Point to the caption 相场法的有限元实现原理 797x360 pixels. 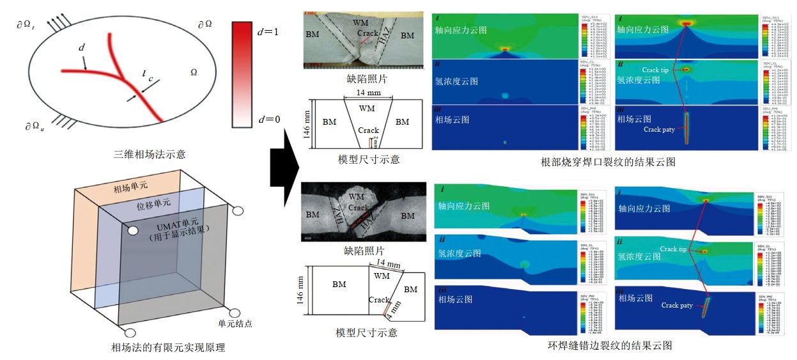coord(168,348)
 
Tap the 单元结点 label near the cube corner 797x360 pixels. coord(235,324)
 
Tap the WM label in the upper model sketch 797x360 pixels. coord(367,107)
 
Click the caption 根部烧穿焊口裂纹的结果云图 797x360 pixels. coord(607,162)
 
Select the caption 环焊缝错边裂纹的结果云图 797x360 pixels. coord(608,346)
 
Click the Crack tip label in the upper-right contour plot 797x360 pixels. coord(655,70)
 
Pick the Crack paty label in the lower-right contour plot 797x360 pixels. coord(677,306)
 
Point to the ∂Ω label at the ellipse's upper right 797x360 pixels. coord(206,24)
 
